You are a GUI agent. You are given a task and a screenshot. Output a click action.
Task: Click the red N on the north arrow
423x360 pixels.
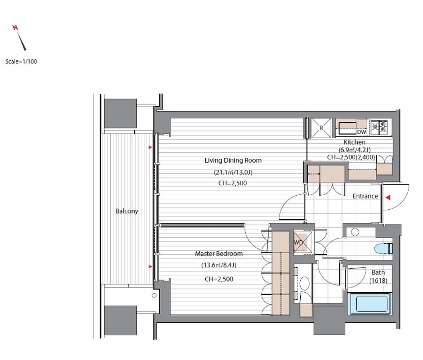[15, 28]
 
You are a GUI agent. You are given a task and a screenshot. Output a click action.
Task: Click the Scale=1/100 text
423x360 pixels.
[21, 62]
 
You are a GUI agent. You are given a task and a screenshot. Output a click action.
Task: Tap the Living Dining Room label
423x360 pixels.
[233, 161]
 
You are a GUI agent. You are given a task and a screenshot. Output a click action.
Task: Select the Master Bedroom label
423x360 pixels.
[219, 254]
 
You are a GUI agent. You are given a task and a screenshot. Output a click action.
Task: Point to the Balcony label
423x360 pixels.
[127, 211]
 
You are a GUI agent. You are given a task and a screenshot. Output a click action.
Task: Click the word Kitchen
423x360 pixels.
[354, 142]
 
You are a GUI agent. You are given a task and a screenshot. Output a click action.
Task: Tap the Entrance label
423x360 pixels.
[365, 196]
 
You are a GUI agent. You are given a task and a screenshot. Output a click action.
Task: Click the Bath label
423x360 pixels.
[378, 272]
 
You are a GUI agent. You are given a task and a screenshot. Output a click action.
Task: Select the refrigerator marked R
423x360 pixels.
[321, 128]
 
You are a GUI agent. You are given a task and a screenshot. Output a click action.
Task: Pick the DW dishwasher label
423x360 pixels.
[361, 132]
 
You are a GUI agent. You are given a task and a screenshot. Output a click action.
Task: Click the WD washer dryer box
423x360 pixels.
[304, 242]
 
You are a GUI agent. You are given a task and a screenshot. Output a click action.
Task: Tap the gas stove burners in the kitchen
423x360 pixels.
[379, 127]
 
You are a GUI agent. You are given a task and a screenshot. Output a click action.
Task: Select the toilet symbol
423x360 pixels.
[383, 249]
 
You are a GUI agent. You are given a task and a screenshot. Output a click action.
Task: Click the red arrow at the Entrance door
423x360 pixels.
[388, 198]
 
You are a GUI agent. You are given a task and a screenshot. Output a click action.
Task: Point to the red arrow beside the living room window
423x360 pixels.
[150, 147]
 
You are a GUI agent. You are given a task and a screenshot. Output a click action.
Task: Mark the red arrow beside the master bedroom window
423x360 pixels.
[150, 267]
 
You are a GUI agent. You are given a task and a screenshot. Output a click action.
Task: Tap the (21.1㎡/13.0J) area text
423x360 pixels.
[233, 172]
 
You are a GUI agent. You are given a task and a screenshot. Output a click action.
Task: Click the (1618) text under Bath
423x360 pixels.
[378, 281]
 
